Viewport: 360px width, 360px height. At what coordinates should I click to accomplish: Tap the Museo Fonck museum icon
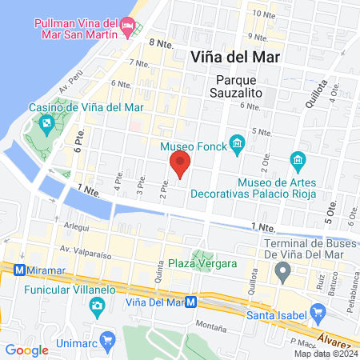pos(237,144)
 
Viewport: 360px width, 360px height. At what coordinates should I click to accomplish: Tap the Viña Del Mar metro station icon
pos(191,302)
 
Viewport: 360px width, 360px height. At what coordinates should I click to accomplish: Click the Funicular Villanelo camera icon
pos(97,305)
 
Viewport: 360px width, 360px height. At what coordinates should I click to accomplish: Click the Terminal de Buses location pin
pos(282,274)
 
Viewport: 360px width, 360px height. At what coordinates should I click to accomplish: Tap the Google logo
pos(27,350)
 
